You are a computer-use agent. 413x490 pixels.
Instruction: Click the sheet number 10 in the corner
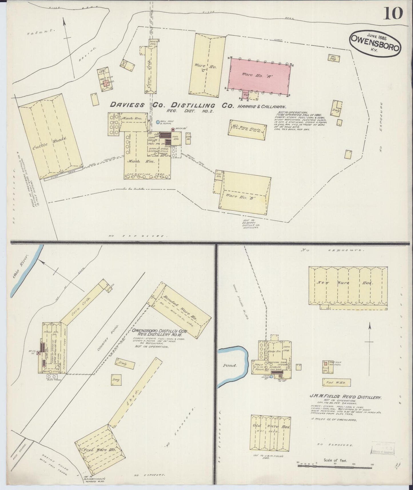tap(393, 13)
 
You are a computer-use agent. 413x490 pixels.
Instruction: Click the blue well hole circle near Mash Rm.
tap(158, 122)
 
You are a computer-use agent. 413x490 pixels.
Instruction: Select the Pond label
tap(230, 365)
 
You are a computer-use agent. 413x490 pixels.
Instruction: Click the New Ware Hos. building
tap(348, 286)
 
